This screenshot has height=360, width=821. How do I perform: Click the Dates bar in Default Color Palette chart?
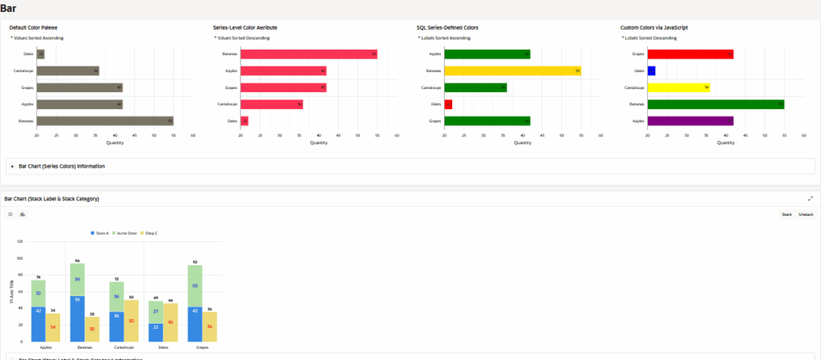coord(40,54)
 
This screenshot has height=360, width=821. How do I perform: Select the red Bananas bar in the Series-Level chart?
coord(309,54)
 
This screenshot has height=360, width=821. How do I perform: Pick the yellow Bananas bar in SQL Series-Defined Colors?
coord(512,71)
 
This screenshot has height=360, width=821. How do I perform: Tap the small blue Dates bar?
coord(651,71)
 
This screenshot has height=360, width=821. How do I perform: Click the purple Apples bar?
coord(690,121)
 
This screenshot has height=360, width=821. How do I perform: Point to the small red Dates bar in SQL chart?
coord(448,104)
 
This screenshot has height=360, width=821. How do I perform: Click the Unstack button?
coord(806,214)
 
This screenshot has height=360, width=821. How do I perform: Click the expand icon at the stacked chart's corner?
coord(811,198)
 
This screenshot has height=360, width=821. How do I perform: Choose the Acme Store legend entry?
coord(125,233)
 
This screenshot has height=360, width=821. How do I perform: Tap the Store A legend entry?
coord(99,233)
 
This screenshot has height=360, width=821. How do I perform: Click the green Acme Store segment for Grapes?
coord(195,285)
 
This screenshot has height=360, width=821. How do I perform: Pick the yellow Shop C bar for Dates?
coord(171,322)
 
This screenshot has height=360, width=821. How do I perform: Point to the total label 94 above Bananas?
coord(78,261)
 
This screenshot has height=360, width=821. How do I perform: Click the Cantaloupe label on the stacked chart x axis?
coord(117,348)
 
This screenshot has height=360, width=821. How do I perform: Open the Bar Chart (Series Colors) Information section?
coord(62,166)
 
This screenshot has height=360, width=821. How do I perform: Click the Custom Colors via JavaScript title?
coord(653,27)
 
